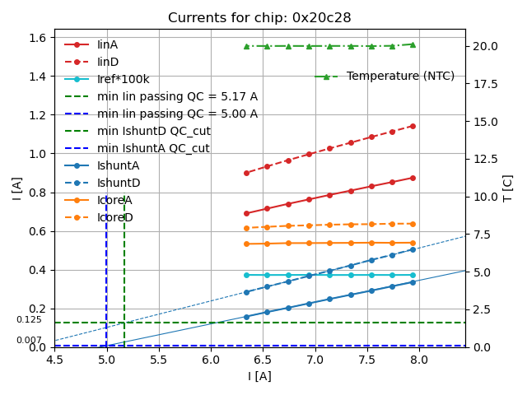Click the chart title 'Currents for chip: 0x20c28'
(259, 18)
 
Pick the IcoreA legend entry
(114, 200)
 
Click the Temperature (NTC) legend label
(400, 77)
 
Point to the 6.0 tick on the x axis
(211, 360)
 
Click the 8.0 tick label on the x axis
(418, 360)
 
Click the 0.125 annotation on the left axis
(29, 320)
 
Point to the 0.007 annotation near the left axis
(29, 340)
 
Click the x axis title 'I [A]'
(259, 376)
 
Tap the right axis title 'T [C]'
(508, 188)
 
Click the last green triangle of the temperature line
(413, 44)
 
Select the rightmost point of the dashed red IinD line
(413, 126)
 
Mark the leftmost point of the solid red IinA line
(246, 213)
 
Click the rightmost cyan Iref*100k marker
(413, 275)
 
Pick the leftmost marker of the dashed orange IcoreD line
(246, 228)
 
